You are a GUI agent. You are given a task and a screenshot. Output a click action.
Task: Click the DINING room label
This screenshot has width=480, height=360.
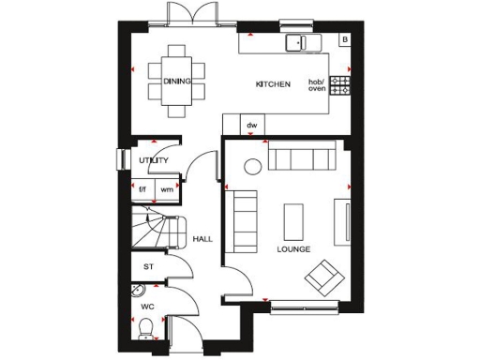coord(177,82)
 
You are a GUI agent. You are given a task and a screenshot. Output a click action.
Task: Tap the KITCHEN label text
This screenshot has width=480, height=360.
coord(273,84)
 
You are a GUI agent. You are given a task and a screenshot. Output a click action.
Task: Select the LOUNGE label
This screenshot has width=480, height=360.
coord(293,250)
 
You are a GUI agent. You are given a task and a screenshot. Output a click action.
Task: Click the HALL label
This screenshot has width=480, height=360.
coord(202,239)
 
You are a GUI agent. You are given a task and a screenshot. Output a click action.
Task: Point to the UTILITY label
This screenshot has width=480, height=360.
coord(153,160)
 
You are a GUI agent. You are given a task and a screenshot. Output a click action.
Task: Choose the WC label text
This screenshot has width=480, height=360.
coord(146,307)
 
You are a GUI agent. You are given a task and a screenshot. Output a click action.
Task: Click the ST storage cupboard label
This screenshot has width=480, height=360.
coord(147,267)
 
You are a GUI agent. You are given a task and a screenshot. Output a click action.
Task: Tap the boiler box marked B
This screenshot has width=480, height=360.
coord(344,39)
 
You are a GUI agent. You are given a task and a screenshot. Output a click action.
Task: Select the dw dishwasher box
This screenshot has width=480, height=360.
coord(251,125)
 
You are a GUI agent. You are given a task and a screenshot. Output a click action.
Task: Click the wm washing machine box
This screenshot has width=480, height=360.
coord(166,189)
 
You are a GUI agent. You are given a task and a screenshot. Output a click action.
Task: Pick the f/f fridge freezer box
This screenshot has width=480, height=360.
coord(143,189)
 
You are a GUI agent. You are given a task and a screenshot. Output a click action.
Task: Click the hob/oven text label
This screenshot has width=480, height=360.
coord(317,84)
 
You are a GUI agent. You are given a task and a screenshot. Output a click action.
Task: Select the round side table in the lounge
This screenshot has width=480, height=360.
coord(252,168)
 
